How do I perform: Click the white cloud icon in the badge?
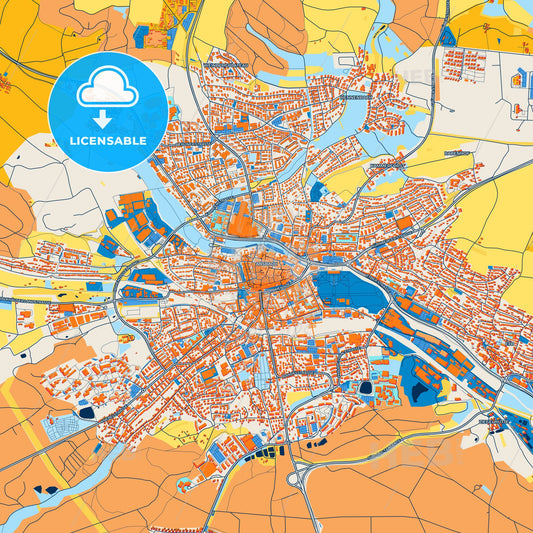point(109,90)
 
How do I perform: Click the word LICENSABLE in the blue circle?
point(109,141)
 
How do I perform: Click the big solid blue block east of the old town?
point(345,290)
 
